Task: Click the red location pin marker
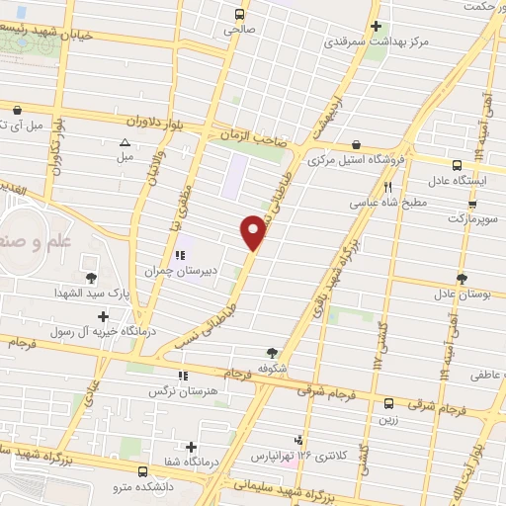254,232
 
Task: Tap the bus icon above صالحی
240,14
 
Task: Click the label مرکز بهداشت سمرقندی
375,42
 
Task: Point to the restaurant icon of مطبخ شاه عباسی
388,186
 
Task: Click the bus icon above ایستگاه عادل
456,165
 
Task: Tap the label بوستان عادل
457,294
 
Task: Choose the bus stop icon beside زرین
388,403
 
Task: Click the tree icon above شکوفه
273,351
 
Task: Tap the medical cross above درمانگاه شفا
191,447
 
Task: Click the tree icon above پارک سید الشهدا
91,278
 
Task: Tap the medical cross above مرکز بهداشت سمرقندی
375,27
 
